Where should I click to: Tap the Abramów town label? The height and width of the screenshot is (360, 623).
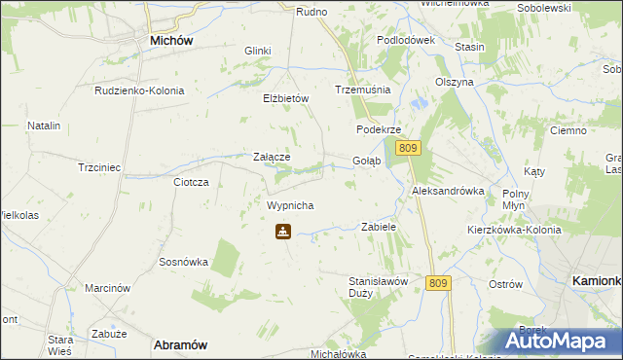(182, 344)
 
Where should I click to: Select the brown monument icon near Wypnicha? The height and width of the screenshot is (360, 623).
(282, 233)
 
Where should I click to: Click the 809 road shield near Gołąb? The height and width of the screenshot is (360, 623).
(409, 148)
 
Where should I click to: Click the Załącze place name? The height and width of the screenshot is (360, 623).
(272, 156)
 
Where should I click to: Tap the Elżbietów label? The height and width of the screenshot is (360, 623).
(285, 98)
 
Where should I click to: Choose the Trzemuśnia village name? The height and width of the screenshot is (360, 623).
(362, 89)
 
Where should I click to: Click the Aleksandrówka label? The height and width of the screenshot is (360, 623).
(448, 191)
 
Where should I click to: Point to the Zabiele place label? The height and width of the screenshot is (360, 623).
(379, 226)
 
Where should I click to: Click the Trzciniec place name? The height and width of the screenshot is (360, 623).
(98, 167)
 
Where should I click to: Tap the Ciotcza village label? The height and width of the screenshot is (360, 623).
(191, 182)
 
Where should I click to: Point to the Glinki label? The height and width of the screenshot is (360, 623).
(257, 51)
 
